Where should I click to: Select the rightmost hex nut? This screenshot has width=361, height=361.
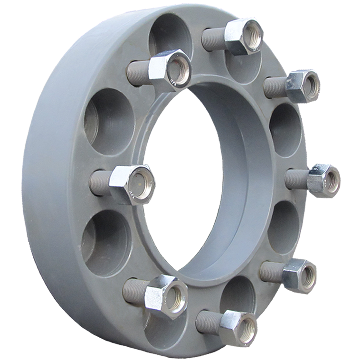tap(324, 180)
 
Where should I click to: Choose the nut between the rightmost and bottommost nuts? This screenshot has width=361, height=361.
tap(300, 275)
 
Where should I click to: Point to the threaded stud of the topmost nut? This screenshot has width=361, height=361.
tap(213, 38)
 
